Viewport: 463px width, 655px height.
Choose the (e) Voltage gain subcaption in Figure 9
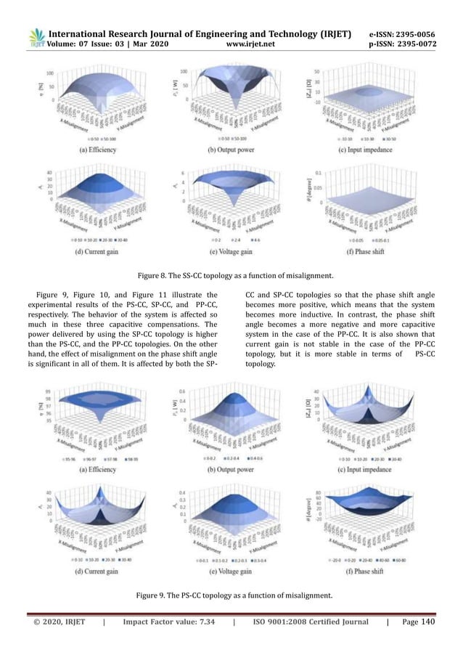tap(231, 572)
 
